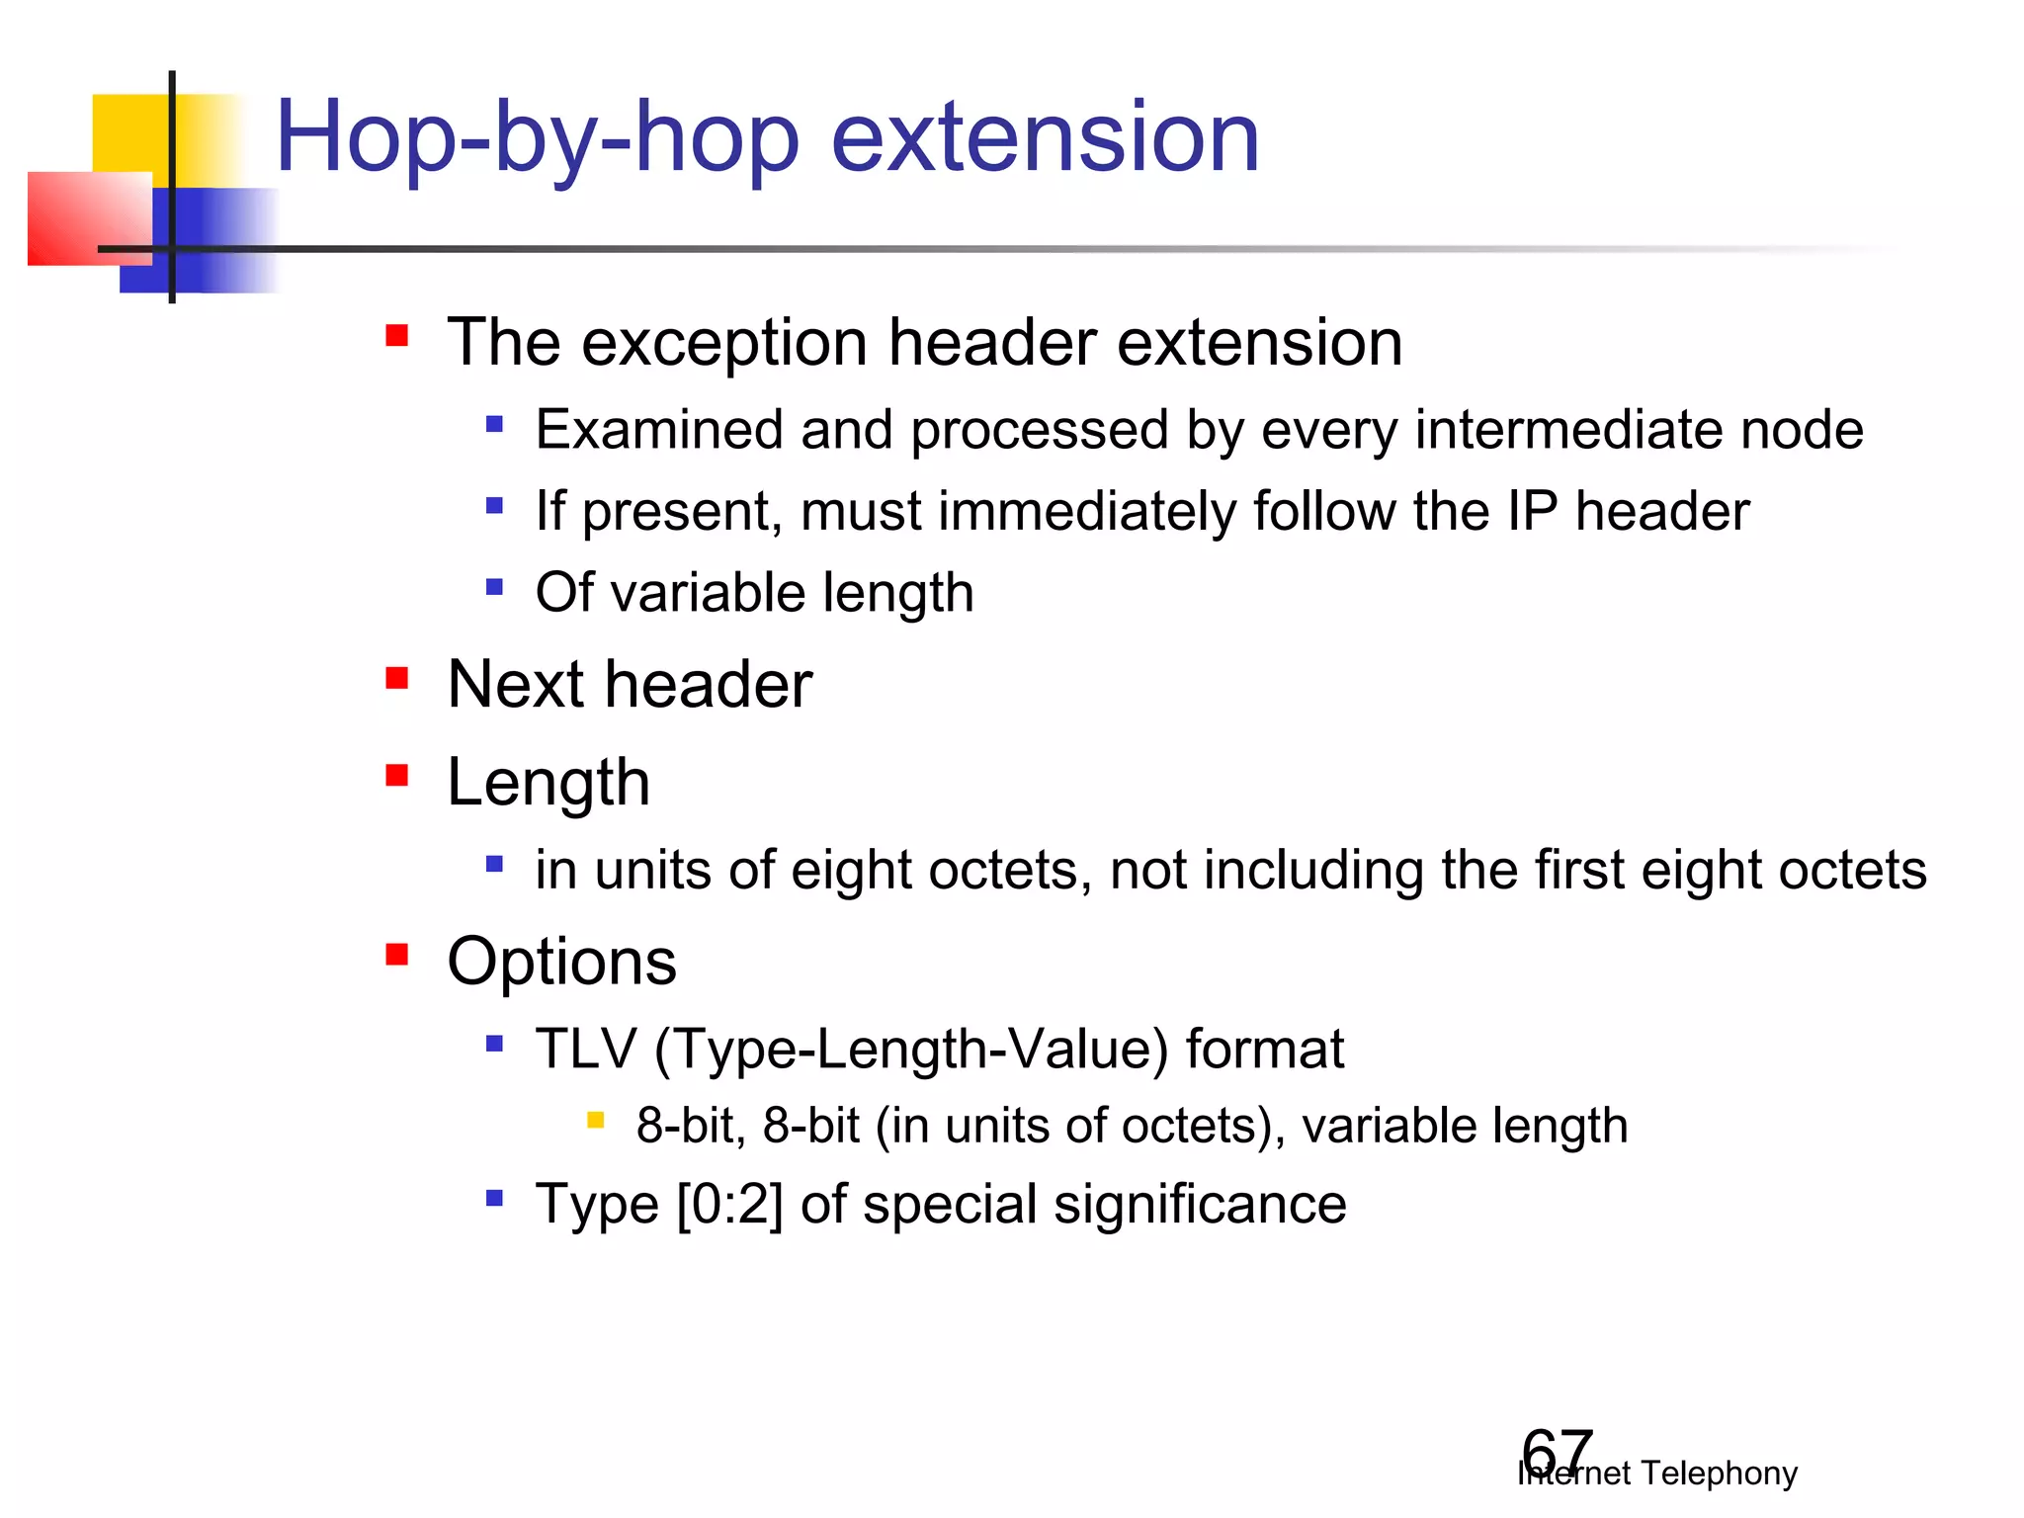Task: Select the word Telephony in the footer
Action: coord(1719,1474)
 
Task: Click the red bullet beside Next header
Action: coord(397,679)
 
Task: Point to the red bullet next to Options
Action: coord(397,955)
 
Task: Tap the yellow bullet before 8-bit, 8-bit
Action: coord(595,1120)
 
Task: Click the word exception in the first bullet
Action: coord(724,343)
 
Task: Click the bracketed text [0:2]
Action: coord(729,1205)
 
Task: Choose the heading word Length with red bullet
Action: coord(548,783)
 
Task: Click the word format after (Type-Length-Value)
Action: coord(1264,1049)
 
